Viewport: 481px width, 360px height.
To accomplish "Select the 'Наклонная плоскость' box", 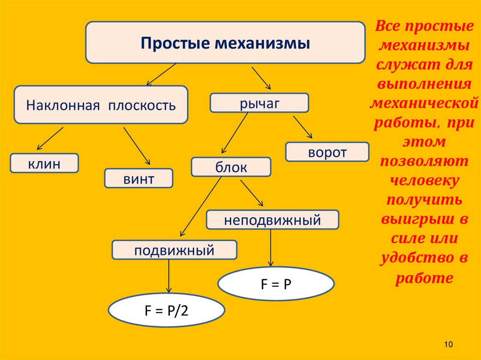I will click(x=101, y=104).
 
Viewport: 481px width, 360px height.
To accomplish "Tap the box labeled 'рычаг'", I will click(x=259, y=103).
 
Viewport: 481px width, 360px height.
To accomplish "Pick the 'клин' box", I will click(x=45, y=163).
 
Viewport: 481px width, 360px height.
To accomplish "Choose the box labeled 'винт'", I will click(x=139, y=178).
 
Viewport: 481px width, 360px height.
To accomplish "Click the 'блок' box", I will click(x=231, y=167).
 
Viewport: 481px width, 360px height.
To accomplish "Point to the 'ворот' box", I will click(x=327, y=152).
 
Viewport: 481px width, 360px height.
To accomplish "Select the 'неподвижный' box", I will click(x=272, y=219).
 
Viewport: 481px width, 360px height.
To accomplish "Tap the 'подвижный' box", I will click(x=174, y=250).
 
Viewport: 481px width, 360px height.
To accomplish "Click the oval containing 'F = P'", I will click(x=276, y=283).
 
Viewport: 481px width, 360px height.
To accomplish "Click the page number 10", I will click(x=447, y=345).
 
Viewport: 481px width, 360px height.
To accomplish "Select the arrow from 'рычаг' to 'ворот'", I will click(x=303, y=126).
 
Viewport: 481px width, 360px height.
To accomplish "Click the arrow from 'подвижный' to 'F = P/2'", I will click(x=169, y=277).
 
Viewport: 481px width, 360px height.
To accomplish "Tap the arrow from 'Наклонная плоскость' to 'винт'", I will click(x=137, y=145).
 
